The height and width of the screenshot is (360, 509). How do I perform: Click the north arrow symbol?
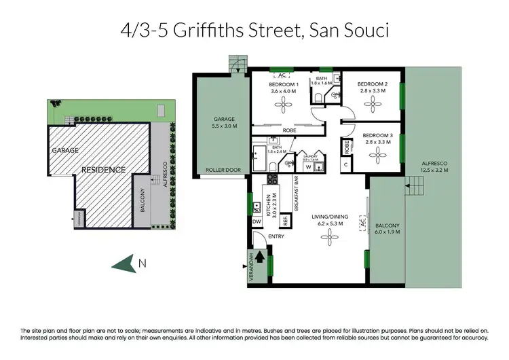pos(124,264)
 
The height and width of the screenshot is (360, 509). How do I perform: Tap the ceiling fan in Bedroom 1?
pos(283,104)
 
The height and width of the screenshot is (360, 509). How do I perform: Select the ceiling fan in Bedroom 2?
pos(372,103)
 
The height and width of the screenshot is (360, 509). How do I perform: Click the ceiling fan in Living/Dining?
pos(331,236)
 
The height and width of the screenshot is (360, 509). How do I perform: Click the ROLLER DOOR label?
pos(219,170)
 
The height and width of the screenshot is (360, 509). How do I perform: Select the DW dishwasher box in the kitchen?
pos(257,221)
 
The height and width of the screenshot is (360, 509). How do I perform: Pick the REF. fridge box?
pos(286,220)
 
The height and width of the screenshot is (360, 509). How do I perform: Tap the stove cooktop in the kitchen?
pos(272,180)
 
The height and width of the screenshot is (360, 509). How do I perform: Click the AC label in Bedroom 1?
pos(281,75)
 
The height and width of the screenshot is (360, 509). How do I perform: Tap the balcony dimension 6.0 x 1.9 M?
pos(387,232)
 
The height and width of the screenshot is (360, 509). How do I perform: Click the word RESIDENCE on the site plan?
pos(104,169)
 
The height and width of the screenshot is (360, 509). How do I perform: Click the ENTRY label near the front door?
pos(276,237)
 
